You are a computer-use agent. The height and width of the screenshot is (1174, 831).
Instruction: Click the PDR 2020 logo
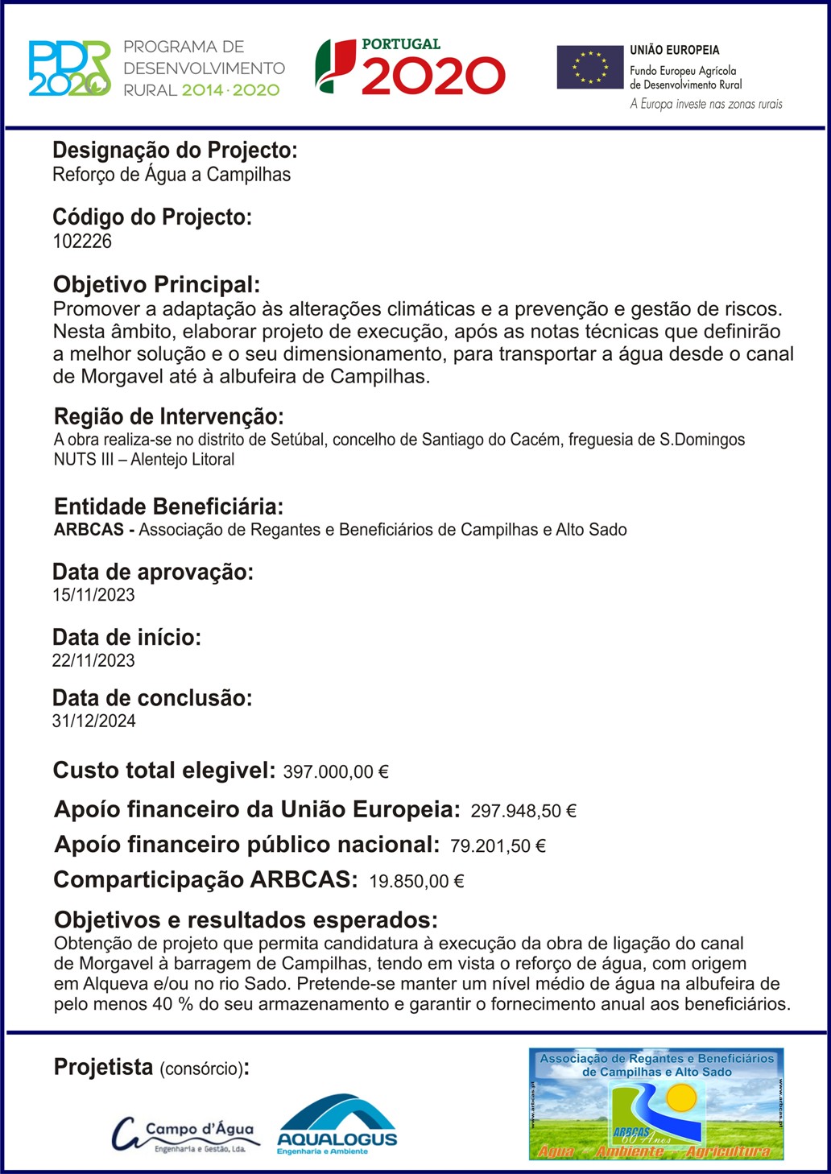(x=69, y=68)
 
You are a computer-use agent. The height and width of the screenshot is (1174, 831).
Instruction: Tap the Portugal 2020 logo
(x=410, y=68)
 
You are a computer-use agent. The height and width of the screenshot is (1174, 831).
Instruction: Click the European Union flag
(x=590, y=68)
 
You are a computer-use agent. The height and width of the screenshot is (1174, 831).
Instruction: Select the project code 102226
(x=82, y=242)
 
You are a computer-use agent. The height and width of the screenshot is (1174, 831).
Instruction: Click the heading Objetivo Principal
(x=156, y=284)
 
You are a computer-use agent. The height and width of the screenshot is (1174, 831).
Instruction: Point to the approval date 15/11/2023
(x=93, y=596)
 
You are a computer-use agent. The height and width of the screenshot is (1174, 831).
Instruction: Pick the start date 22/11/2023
(x=93, y=661)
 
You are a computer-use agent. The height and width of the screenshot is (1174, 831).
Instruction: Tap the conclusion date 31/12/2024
(x=93, y=721)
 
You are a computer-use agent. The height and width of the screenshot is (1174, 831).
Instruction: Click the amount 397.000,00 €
(x=336, y=772)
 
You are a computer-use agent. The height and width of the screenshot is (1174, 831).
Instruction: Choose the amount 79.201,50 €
(x=498, y=846)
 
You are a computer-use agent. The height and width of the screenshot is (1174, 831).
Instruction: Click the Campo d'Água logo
(x=183, y=1135)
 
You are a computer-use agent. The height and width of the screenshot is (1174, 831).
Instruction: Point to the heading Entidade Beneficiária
(x=168, y=506)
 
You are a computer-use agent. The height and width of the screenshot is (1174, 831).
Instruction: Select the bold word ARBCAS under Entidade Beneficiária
(x=89, y=530)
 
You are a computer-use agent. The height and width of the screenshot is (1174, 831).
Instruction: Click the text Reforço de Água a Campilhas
(x=172, y=175)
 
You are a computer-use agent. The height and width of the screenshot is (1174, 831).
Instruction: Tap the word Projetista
(x=103, y=1068)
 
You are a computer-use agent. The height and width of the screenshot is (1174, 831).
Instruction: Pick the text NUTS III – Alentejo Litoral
(x=144, y=460)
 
